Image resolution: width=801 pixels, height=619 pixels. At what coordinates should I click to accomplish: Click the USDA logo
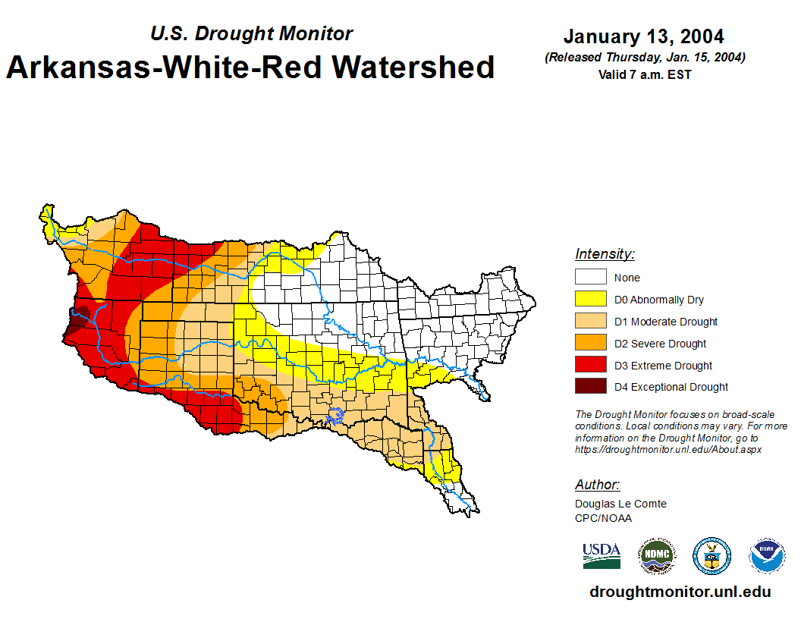pos(602,555)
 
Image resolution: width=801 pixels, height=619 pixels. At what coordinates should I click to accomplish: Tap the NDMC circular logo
pos(656,556)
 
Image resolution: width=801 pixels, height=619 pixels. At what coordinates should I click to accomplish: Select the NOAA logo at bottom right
pos(768,556)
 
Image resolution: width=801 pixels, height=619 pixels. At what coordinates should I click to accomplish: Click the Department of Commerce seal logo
pos(712,556)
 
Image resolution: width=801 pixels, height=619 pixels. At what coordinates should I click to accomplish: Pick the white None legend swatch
pos(590,278)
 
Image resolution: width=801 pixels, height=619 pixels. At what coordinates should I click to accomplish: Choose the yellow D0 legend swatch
pos(590,300)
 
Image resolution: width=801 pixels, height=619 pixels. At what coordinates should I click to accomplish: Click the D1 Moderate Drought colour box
pos(590,322)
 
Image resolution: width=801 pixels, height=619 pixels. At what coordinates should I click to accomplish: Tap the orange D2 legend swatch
pos(590,344)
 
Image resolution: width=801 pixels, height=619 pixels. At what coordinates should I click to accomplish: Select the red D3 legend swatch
pos(590,366)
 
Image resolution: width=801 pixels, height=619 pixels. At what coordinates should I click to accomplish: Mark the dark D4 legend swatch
pos(590,387)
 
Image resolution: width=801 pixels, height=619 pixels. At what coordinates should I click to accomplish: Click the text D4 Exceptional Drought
pos(671,387)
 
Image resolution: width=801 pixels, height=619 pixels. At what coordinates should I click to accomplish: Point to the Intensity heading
pos(605,254)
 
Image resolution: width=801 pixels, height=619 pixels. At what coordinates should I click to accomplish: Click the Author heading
pos(597,485)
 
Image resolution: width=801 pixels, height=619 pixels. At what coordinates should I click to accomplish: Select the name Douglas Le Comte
pos(620,504)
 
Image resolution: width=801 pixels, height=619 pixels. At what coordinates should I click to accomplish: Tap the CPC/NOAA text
pos(603,518)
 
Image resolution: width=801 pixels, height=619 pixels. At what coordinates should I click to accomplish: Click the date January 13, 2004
pos(643,36)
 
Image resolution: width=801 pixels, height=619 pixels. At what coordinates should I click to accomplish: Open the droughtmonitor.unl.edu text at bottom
pos(680,592)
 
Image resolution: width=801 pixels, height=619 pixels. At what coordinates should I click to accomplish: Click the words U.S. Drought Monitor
pos(251,34)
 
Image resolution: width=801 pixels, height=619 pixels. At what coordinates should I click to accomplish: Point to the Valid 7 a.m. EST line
pos(643,74)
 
